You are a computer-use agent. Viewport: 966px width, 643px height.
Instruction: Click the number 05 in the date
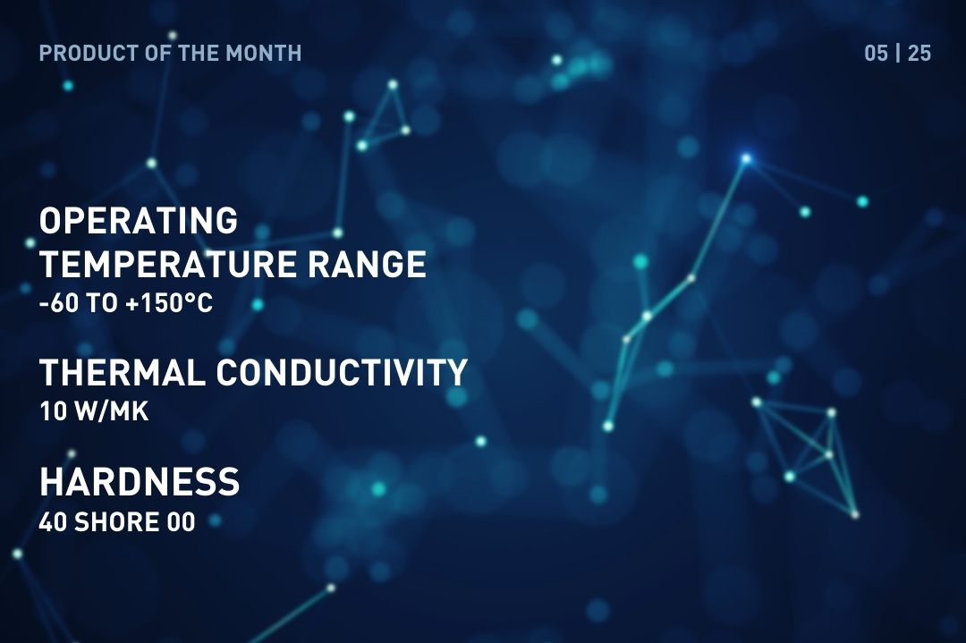pos(876,54)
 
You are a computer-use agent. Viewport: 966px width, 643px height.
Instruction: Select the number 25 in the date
pos(919,54)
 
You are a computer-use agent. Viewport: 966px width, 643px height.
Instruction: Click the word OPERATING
pos(139,220)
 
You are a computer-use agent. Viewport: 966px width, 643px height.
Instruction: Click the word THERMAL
pos(123,373)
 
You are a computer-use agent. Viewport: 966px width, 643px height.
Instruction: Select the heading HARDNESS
pos(140,483)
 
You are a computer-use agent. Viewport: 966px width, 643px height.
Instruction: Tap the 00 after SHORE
pos(181,522)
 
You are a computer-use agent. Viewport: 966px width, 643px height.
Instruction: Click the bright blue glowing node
pos(746,158)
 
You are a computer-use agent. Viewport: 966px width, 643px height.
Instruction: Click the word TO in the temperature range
pos(102,304)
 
